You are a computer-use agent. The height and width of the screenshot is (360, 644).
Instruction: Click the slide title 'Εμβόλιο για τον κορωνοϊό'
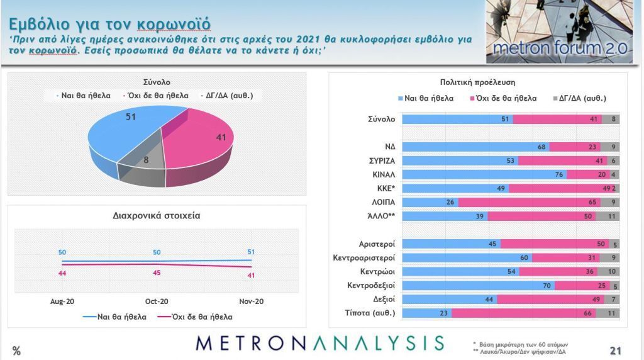click(x=109, y=23)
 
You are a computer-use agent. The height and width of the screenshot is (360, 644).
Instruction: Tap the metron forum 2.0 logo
click(x=558, y=31)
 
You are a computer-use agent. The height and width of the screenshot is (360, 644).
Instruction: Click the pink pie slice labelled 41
click(x=201, y=142)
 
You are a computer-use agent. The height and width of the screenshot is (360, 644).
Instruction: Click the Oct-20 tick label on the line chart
click(x=157, y=301)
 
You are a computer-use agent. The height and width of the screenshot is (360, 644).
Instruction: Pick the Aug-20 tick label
click(x=62, y=301)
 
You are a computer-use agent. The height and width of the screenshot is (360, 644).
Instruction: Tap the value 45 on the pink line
click(x=157, y=273)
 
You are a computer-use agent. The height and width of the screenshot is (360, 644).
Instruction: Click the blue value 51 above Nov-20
click(x=252, y=252)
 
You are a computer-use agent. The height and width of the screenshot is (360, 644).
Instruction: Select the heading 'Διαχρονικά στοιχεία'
click(x=157, y=216)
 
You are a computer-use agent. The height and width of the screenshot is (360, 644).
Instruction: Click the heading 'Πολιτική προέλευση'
click(x=478, y=82)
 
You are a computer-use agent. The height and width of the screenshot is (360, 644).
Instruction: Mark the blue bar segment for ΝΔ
click(x=475, y=147)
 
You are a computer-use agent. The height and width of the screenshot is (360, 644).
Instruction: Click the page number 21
click(x=616, y=351)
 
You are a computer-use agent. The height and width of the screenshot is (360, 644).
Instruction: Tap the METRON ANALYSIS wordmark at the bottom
click(x=319, y=343)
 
